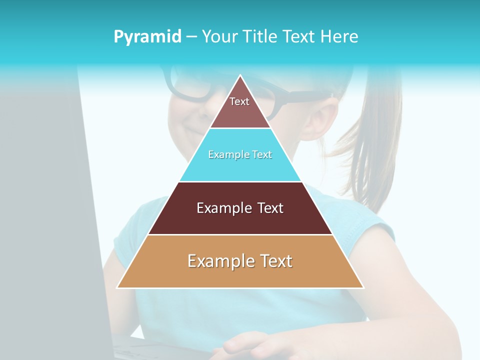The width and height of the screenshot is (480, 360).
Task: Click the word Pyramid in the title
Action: tap(147, 37)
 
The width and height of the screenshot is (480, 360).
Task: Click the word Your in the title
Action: tap(220, 37)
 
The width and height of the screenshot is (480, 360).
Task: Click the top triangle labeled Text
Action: tap(239, 105)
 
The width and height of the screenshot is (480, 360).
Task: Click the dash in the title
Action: tap(191, 37)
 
